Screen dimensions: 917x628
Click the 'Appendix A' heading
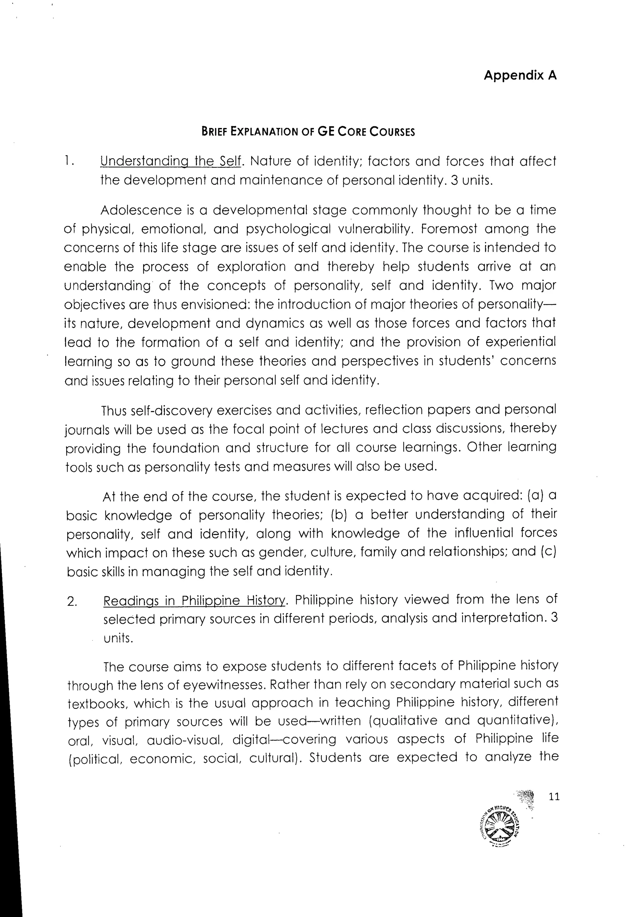[520, 75]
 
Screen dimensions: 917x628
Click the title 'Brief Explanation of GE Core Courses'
[308, 131]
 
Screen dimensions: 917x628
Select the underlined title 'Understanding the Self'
[170, 161]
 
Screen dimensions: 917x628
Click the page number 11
[554, 797]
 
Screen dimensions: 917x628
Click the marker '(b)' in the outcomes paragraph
[339, 515]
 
